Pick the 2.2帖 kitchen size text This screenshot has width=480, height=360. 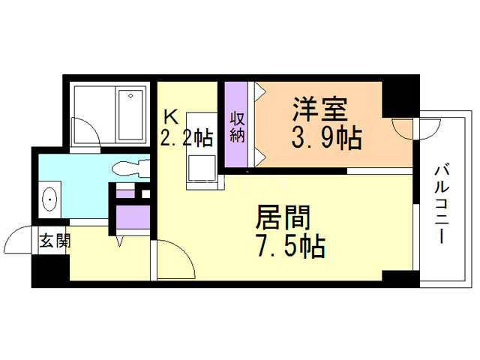pyautogui.click(x=185, y=137)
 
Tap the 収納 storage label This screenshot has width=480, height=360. pyautogui.click(x=237, y=127)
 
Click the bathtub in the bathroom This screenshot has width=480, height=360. pyautogui.click(x=132, y=114)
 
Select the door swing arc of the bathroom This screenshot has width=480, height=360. pyautogui.click(x=88, y=135)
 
